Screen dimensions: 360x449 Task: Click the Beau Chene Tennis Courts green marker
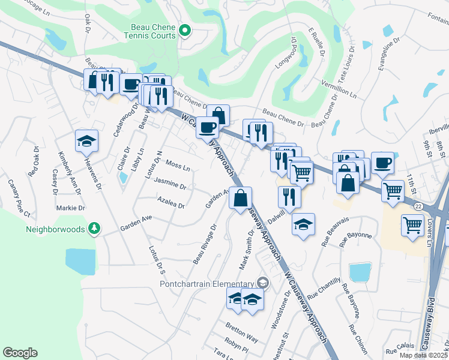[x=185, y=31]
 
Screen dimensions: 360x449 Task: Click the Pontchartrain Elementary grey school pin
[x=262, y=283]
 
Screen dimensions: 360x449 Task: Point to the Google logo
[x=20, y=353]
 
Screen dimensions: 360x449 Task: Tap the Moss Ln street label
[x=178, y=164]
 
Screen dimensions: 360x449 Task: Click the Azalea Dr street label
[x=170, y=202]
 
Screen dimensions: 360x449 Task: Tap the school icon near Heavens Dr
[x=86, y=141]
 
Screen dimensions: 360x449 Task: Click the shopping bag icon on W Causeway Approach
[x=240, y=197]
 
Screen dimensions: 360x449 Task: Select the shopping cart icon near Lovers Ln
[x=412, y=226]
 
